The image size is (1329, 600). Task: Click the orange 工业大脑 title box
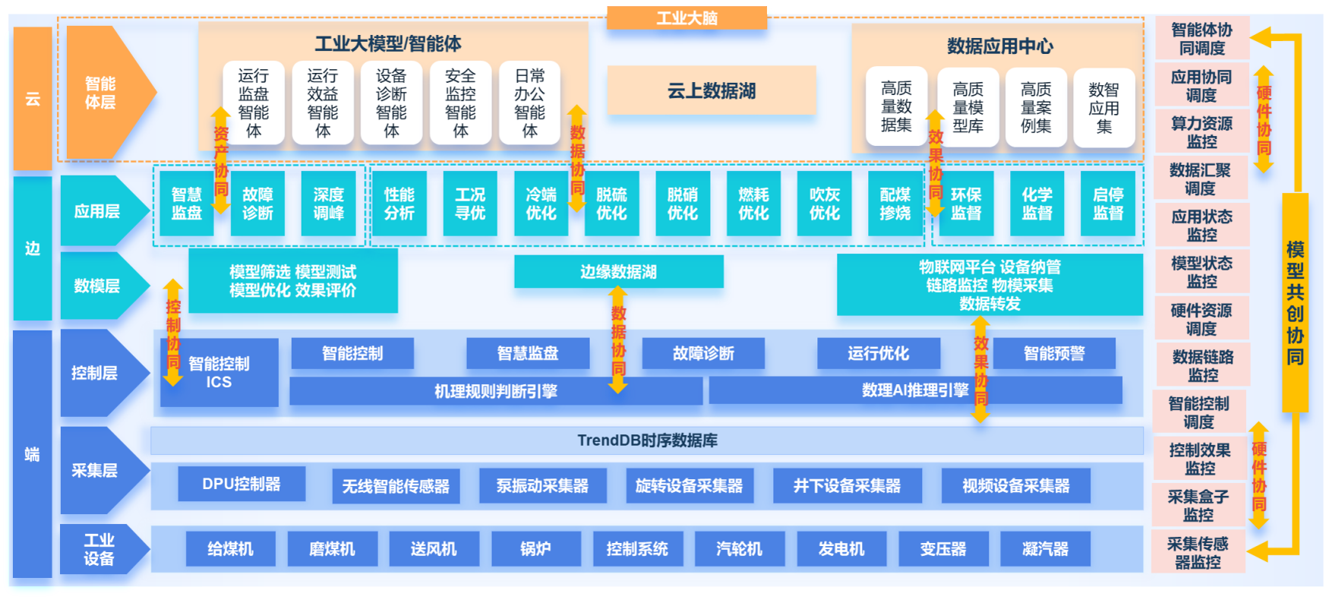[x=687, y=17]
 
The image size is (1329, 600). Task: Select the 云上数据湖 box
[x=711, y=91]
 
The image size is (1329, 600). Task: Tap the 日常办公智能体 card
[x=529, y=103]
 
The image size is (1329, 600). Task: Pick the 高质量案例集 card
[x=1036, y=108]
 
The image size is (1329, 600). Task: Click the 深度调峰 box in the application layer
[x=328, y=204]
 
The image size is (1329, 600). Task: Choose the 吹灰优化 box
[x=824, y=204]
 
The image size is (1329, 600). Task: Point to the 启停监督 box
[x=1107, y=204]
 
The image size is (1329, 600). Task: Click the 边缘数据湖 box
[x=618, y=272]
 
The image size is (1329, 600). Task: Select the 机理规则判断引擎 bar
[x=495, y=391]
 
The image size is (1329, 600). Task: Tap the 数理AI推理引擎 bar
[x=914, y=390]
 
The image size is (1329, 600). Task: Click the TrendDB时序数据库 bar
[x=647, y=441]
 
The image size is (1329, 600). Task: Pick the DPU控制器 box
[x=241, y=485]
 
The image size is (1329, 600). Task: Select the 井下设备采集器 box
[x=847, y=486]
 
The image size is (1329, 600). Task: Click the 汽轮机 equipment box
[x=739, y=549]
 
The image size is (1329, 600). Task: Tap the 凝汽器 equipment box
[x=1045, y=549]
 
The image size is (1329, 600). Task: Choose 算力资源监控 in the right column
[x=1201, y=132]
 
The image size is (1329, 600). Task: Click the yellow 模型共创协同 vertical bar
[x=1295, y=303]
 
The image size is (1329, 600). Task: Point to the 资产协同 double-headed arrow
[x=221, y=160]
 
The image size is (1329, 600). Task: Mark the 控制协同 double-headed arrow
[x=173, y=333]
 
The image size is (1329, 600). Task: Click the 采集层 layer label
[x=96, y=471]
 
